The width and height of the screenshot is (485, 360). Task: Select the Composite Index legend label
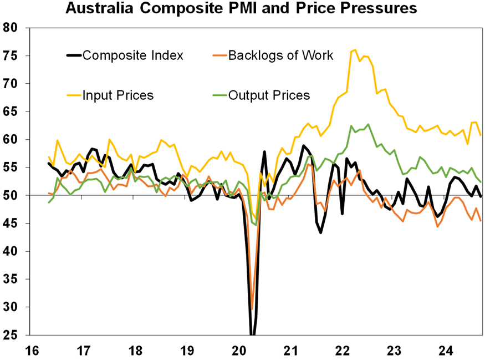132,55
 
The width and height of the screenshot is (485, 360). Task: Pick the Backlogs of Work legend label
280,55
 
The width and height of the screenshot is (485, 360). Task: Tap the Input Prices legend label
118,95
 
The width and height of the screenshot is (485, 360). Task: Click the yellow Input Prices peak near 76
355,50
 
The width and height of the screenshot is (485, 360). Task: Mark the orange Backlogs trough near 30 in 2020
252,309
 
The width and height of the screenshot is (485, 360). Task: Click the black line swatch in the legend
74,55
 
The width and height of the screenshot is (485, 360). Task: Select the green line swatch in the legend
220,95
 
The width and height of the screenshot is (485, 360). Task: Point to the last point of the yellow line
480,135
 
